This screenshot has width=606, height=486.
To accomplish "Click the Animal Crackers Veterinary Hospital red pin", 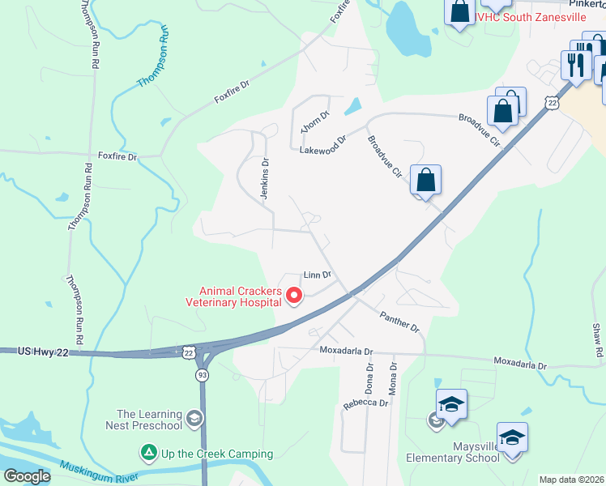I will coord(293,297).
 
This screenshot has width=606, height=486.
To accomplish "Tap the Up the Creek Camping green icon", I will coord(148,450).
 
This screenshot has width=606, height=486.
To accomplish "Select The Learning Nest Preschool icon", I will coord(193,418).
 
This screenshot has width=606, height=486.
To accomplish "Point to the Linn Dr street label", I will coord(317,275).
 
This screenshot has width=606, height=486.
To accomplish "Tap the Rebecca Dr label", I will coord(365,403).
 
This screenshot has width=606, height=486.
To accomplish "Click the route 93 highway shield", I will coord(202,376).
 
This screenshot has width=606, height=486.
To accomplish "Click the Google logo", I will coord(26,475).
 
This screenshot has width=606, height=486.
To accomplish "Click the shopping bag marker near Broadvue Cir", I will coord(425,180).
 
